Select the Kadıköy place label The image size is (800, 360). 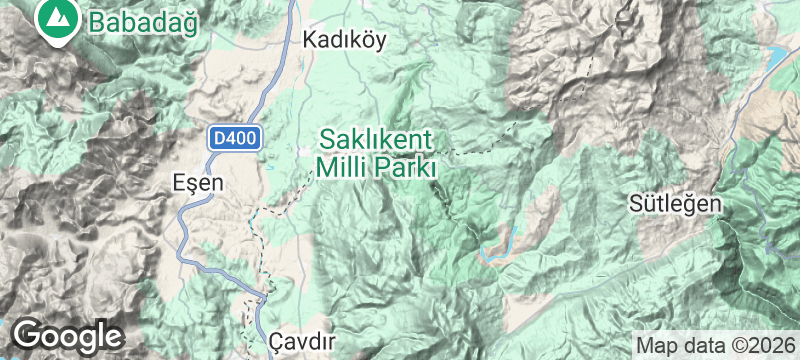tap(344, 40)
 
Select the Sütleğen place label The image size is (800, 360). tap(675, 203)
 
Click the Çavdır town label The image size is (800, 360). tap(301, 341)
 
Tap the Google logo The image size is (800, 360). tap(67, 333)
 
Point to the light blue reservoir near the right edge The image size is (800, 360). tap(775, 55)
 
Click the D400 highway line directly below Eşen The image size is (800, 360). tap(182, 225)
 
